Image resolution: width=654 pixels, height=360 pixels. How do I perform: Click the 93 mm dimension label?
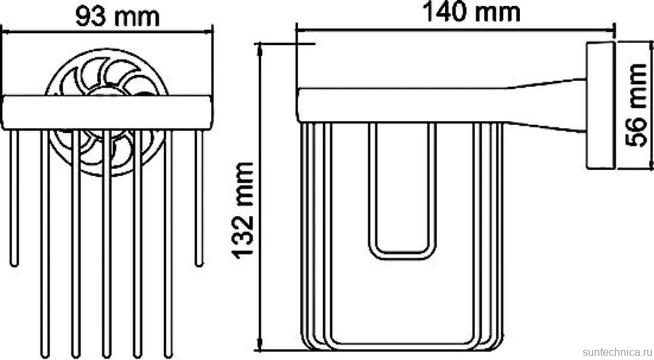pos(117,17)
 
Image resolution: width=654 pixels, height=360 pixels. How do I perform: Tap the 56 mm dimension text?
pos(636,105)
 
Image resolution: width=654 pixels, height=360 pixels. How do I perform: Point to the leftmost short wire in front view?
pos(15,198)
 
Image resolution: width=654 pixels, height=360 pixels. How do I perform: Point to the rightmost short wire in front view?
pos(199,198)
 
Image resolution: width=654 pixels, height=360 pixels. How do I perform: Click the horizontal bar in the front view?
pos(107,113)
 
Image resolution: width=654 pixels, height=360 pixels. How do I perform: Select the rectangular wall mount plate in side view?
pos(601,105)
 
